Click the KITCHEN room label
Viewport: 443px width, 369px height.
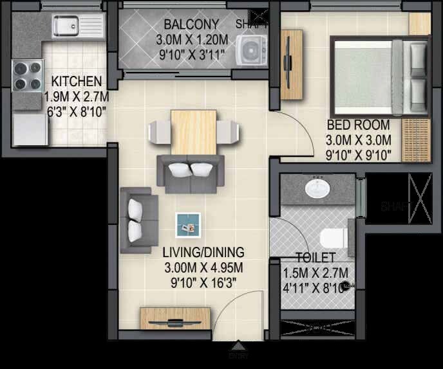click(77, 82)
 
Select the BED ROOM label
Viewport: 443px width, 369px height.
click(359, 124)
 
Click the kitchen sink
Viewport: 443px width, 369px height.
click(79, 26)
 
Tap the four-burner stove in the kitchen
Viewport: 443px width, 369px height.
click(26, 75)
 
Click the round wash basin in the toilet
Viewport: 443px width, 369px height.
click(317, 188)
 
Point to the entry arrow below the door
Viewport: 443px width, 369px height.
click(239, 346)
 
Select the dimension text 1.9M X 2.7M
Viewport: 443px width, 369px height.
click(76, 96)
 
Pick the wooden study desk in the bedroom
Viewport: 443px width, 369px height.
click(290, 64)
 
